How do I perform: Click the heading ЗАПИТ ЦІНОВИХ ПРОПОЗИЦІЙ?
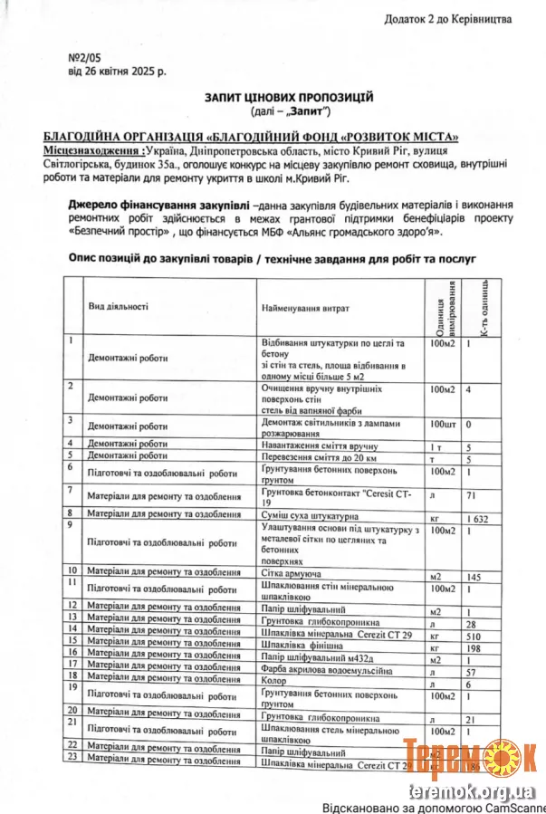[x=289, y=97]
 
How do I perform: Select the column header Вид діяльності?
[x=118, y=307]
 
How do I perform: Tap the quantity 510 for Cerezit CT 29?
[x=475, y=637]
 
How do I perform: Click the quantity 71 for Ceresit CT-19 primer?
[x=472, y=495]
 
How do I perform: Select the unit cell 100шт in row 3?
[x=444, y=424]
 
